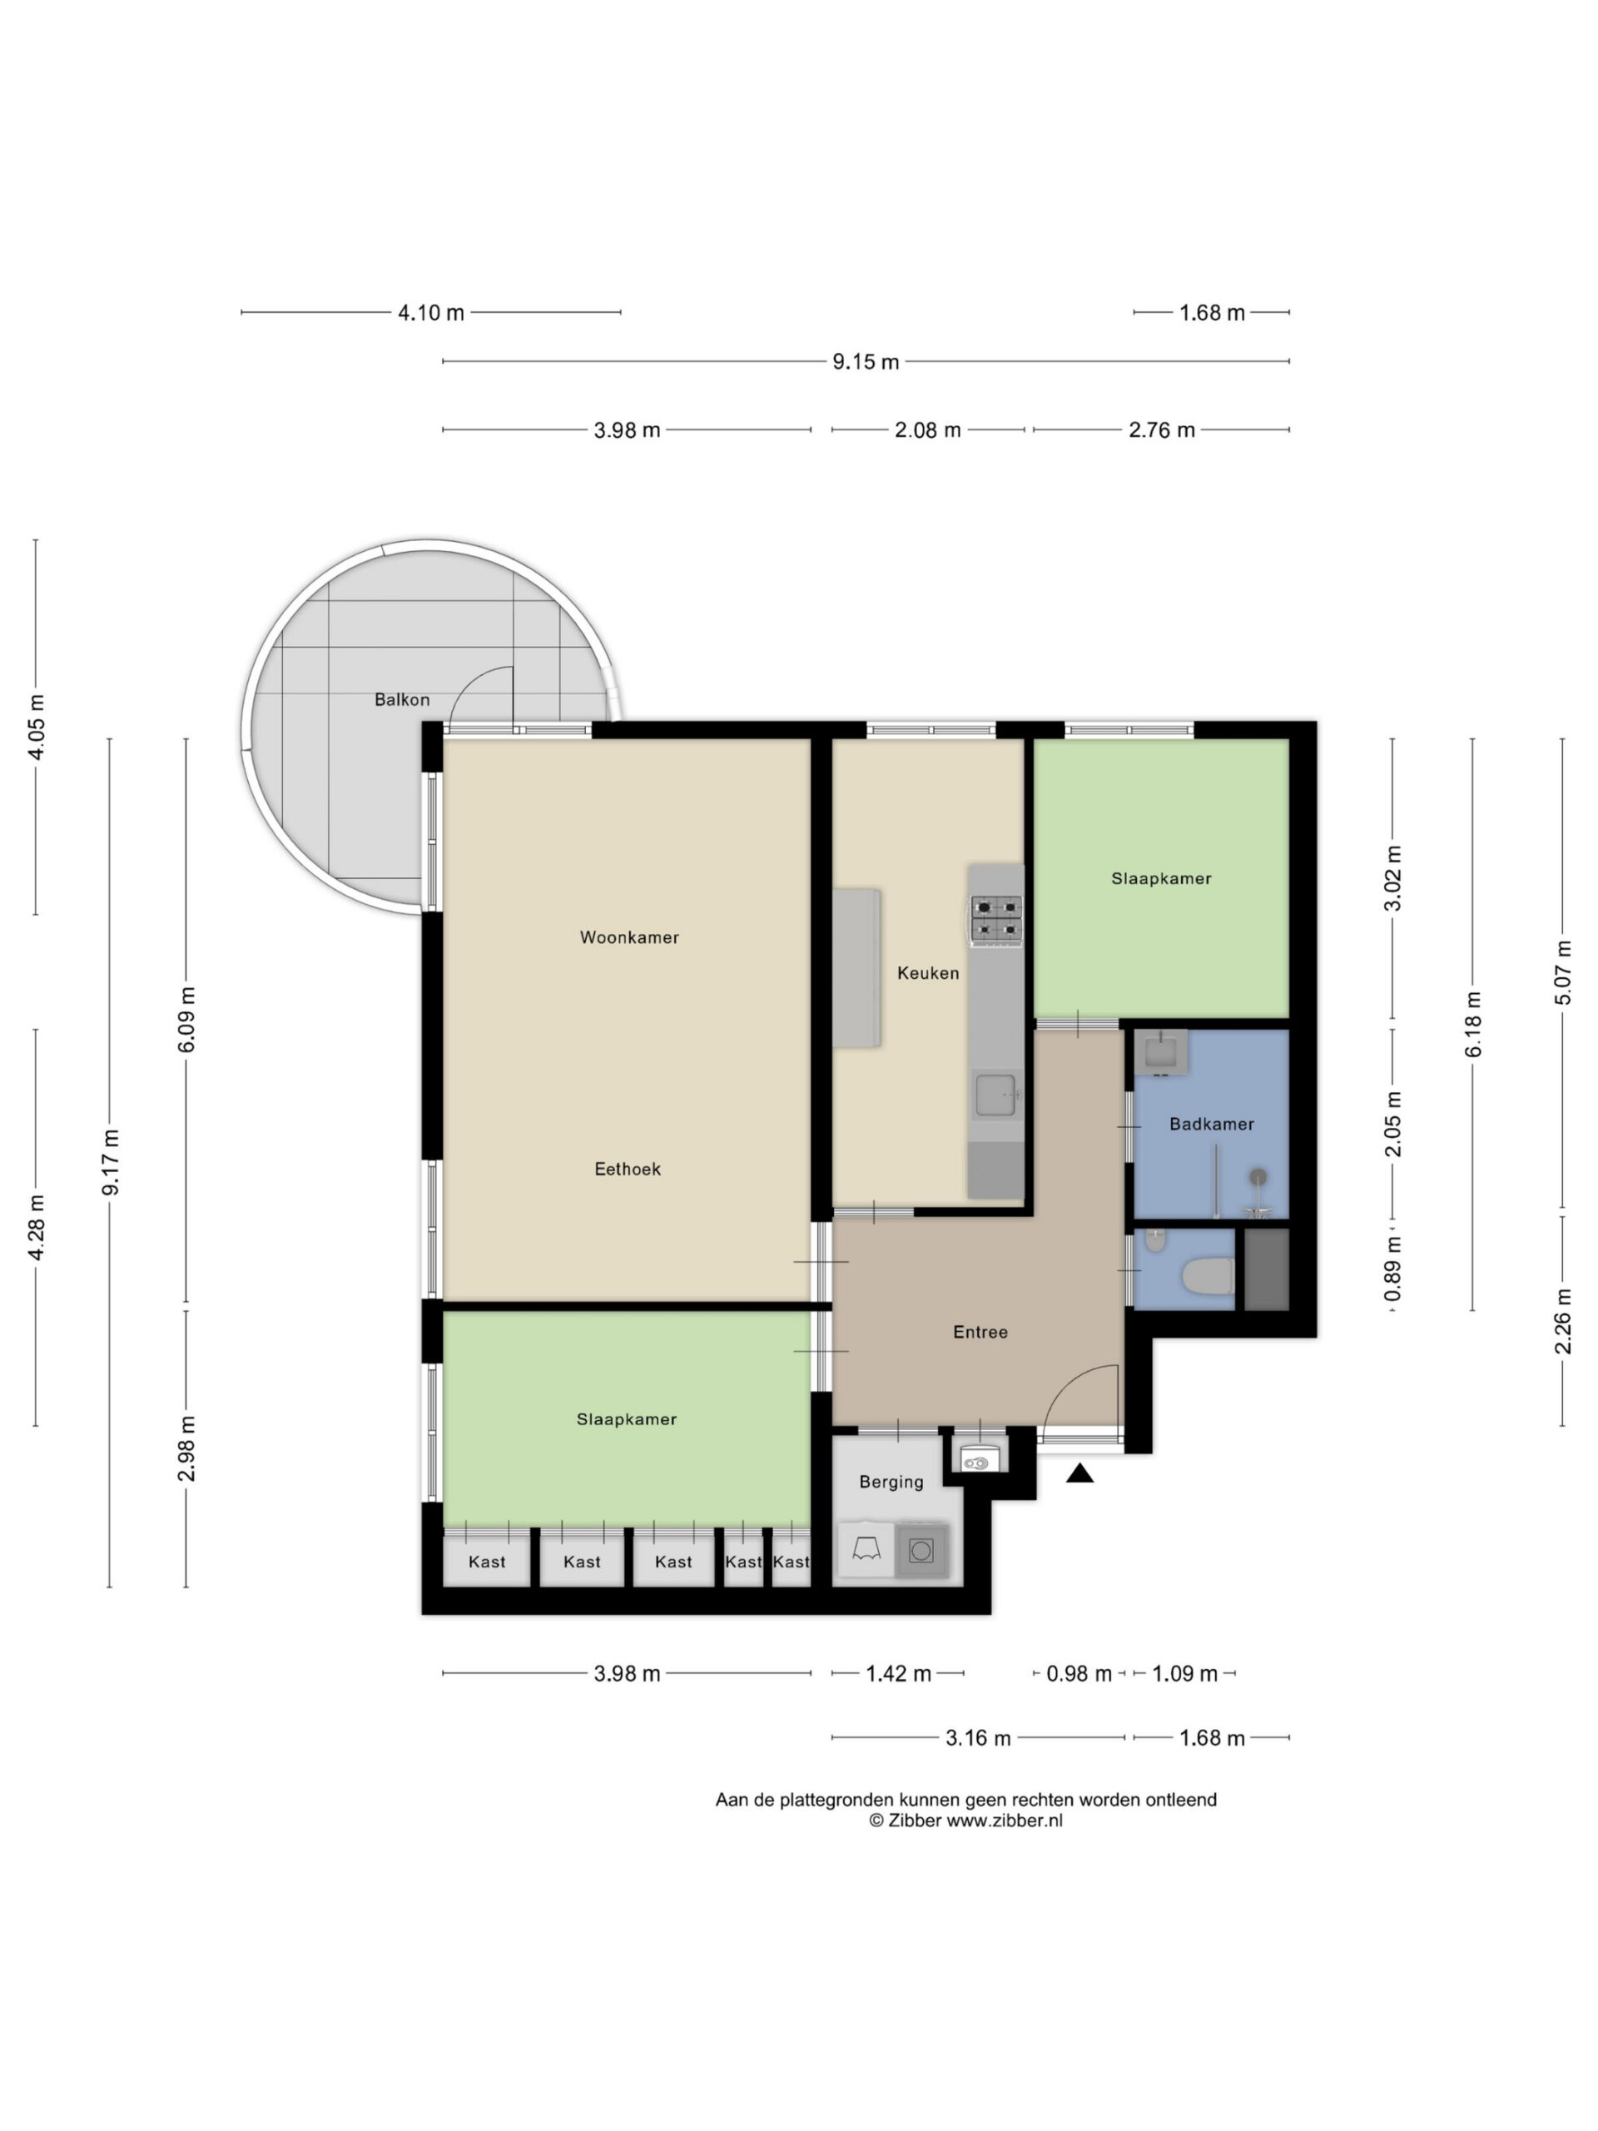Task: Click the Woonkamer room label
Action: pos(629,937)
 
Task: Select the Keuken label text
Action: pos(928,973)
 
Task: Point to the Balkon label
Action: pos(402,699)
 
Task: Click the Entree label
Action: pos(980,1333)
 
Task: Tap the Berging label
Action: pos(891,1482)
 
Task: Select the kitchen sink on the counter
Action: pos(996,1095)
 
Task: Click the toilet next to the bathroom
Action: pos(1208,1278)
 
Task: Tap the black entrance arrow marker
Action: pos(1079,1473)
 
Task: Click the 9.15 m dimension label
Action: pos(865,362)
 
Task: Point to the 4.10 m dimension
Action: pos(430,312)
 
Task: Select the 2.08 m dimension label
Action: pos(928,430)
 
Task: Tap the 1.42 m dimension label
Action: pos(898,1673)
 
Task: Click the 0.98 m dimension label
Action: pos(1079,1673)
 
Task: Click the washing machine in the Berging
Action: pos(922,1550)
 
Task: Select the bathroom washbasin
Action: pos(1161,1052)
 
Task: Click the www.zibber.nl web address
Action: pos(1004,1820)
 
